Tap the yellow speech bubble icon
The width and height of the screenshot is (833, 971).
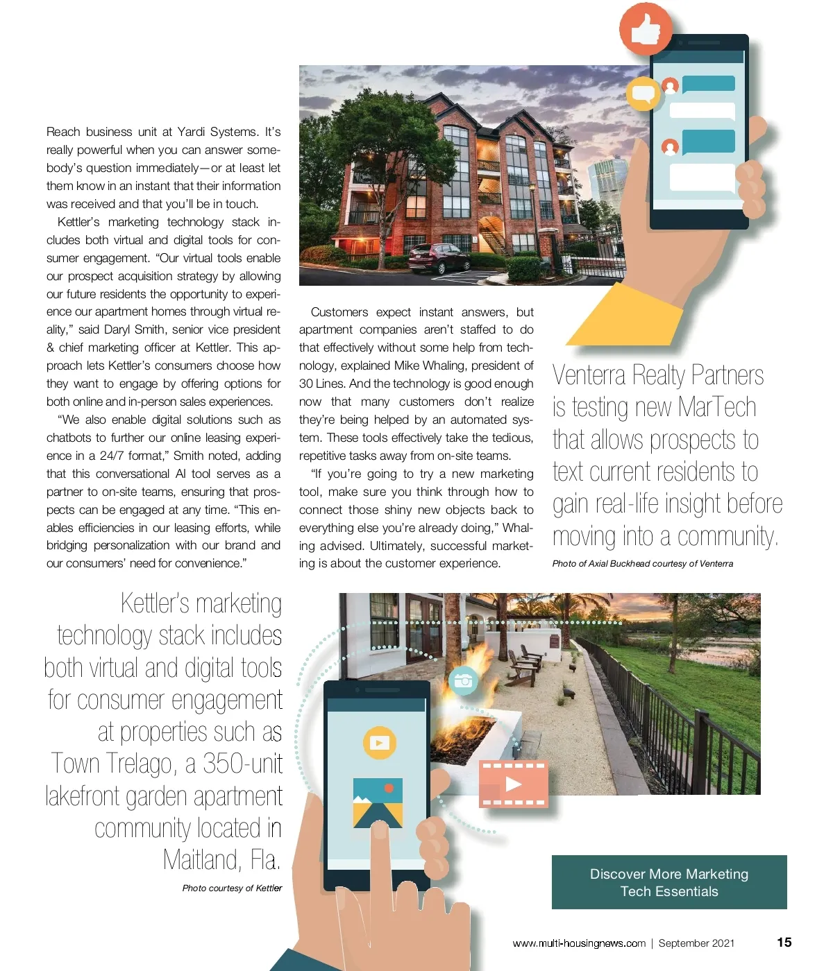(643, 94)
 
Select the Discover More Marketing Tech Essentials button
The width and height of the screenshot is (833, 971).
(669, 882)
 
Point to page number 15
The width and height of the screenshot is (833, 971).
(784, 942)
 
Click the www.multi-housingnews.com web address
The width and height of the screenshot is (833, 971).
(579, 943)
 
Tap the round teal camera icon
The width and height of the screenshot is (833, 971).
(463, 681)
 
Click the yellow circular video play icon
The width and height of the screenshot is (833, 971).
(379, 743)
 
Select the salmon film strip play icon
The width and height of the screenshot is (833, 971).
(513, 784)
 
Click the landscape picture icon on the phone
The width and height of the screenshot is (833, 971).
(378, 802)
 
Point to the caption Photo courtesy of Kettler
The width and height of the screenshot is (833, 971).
(232, 888)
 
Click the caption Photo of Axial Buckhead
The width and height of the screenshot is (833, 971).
(642, 563)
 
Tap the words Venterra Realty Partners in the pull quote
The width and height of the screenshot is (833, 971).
(657, 375)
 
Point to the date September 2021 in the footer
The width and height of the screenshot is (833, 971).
(696, 943)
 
